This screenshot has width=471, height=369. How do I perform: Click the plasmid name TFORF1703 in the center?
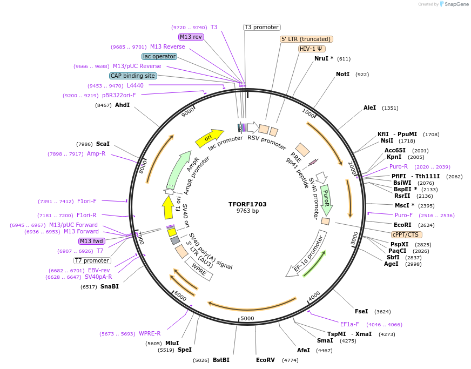[247, 204]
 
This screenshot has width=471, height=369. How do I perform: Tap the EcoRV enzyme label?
[265, 359]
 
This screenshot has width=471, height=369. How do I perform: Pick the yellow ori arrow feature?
[209, 138]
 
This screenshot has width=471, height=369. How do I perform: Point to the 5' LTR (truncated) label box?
[306, 39]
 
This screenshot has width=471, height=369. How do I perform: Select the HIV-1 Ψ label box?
[312, 49]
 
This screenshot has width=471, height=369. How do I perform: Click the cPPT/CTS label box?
[407, 234]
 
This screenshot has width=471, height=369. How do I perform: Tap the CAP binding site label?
[133, 76]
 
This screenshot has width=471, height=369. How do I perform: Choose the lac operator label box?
[159, 56]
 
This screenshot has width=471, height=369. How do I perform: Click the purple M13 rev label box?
[191, 37]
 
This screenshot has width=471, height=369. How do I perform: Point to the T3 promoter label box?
[261, 27]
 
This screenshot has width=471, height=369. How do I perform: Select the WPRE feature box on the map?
[199, 269]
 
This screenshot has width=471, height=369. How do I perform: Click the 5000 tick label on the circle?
[247, 318]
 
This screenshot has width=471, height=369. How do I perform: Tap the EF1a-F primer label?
[349, 324]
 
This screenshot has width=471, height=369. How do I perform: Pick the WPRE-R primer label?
[150, 333]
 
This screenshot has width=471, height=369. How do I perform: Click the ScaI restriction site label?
[103, 144]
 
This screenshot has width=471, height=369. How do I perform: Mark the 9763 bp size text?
[247, 211]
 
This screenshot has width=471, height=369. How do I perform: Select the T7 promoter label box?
[92, 260]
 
